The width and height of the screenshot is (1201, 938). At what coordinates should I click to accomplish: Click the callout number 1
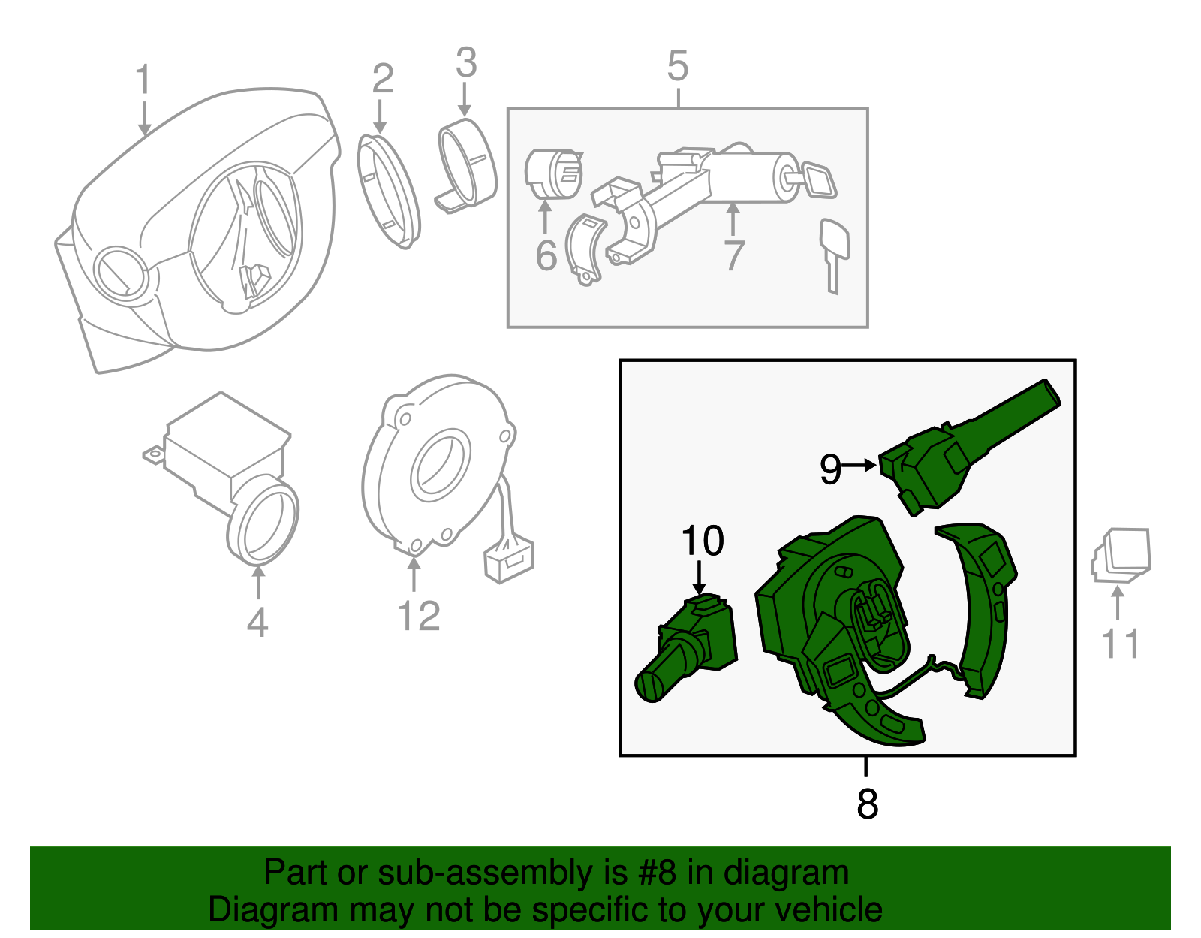pos(143,80)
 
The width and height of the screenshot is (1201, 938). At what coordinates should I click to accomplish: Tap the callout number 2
pos(382,79)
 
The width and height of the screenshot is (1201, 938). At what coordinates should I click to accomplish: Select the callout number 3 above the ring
pos(466,63)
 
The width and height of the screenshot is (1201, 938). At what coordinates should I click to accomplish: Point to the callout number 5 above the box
pos(677,66)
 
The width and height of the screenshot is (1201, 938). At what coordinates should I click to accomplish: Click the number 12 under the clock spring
pos(418,616)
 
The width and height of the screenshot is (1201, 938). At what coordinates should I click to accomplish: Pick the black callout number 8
pos(867,804)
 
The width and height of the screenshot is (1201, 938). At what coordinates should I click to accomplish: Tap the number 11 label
pos(1120,644)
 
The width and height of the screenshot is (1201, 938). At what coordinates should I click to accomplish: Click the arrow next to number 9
pos(860,466)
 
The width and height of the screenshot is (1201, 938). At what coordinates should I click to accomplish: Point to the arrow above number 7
pos(733,219)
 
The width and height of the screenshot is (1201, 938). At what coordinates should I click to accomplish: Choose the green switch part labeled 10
pos(687,646)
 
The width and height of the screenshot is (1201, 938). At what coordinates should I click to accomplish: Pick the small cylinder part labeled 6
pos(553,174)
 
